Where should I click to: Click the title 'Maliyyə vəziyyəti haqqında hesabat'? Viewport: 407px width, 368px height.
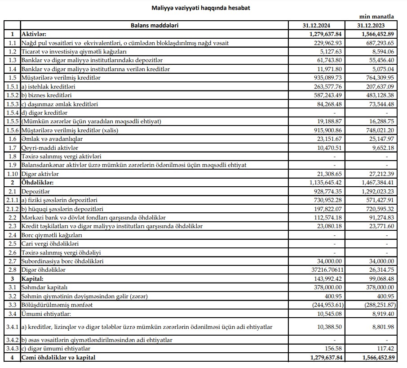[x=200, y=8]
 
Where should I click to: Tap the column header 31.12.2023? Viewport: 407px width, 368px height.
[x=371, y=26]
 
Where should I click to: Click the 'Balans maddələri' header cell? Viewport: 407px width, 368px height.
[x=155, y=26]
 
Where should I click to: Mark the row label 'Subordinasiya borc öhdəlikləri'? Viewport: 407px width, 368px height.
[x=62, y=261]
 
